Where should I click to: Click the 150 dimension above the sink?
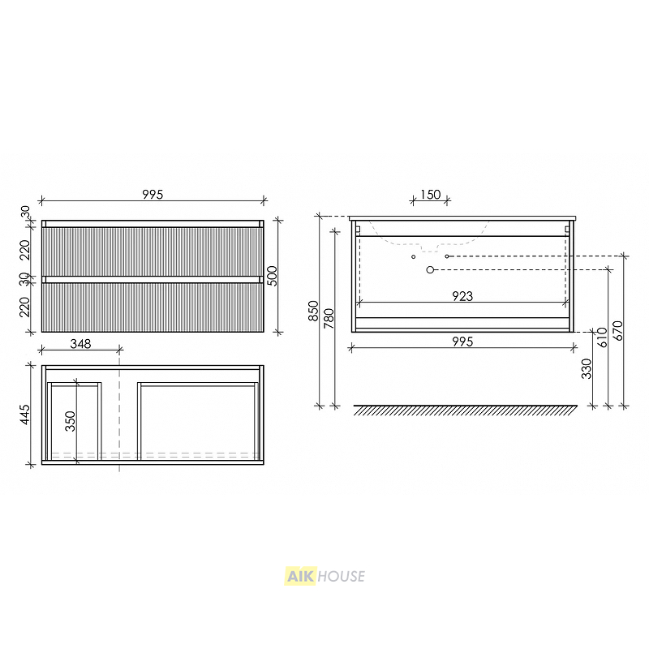[431, 194]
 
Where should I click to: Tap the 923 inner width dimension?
[462, 296]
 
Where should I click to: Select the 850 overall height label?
[314, 311]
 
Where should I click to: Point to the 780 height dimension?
[329, 318]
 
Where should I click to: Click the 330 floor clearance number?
[587, 369]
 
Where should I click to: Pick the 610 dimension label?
[602, 337]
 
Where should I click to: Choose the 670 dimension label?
[617, 331]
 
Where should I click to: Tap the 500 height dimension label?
[273, 276]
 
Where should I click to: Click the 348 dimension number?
[80, 343]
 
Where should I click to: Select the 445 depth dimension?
[25, 415]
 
